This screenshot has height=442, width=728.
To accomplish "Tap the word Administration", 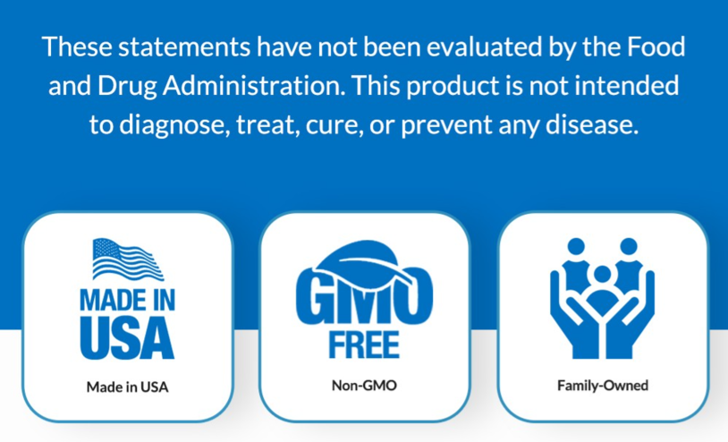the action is tap(253, 85).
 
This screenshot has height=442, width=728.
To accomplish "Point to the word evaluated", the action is tap(484, 47).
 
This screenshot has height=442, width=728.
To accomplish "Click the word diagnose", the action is tap(174, 125).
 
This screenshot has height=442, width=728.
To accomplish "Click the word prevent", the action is tap(446, 126).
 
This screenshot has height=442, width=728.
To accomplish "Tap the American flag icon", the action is tap(128, 259).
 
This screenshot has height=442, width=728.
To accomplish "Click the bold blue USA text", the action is tap(127, 338).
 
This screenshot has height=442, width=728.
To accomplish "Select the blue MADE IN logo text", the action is tap(127, 300).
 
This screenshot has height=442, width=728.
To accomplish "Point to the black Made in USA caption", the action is tap(127, 387).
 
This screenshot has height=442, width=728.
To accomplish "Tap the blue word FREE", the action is tap(364, 344).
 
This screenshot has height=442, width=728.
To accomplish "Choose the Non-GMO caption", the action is tap(364, 386).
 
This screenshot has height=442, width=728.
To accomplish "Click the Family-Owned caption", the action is tap(603, 386).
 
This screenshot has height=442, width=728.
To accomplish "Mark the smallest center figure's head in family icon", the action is tap(602, 274).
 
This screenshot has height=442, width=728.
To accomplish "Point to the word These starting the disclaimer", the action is tap(76, 47).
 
